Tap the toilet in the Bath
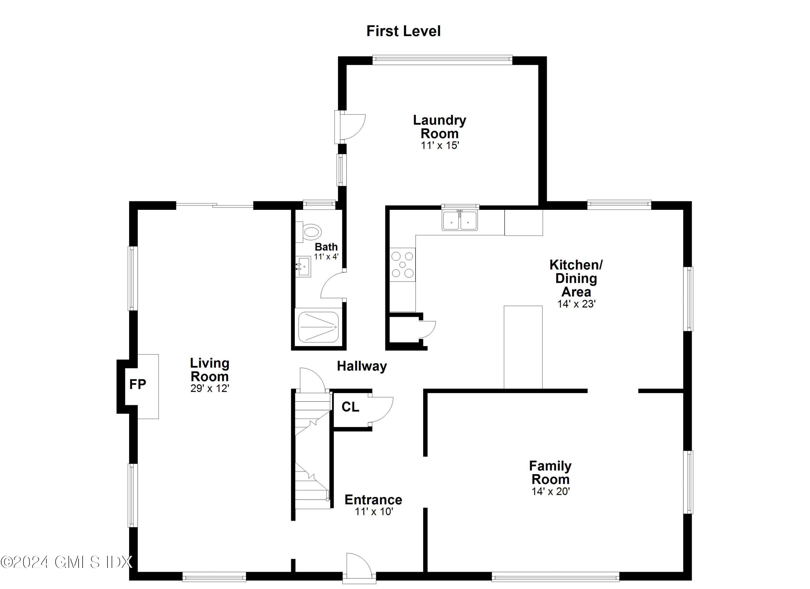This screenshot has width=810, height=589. coord(310,232)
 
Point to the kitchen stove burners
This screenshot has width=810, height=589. coord(403,265)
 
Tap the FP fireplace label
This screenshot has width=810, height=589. coord(137,384)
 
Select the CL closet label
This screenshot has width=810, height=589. coord(350,407)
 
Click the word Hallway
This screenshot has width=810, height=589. coord(362,366)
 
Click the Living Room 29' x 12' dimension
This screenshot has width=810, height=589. coord(210,388)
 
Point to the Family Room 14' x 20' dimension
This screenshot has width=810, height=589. coord(550,492)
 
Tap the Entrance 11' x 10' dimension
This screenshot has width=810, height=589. coord(374,511)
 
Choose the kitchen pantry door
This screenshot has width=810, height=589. coord(427,329)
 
